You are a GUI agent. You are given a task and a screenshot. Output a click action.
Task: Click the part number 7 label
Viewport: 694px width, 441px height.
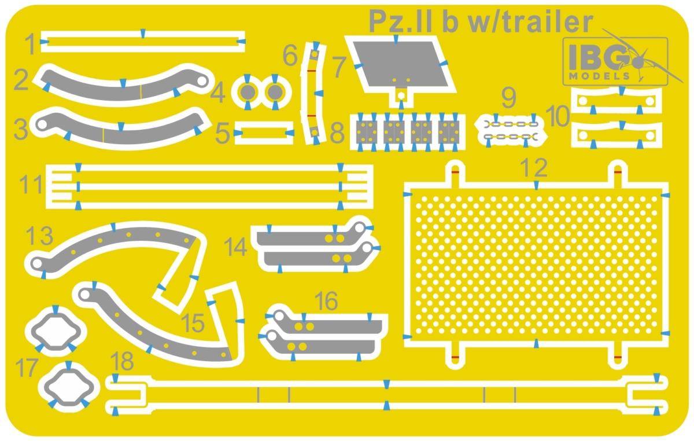pos(339,67)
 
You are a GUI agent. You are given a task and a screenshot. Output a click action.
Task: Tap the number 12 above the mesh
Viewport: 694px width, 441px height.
pos(535,168)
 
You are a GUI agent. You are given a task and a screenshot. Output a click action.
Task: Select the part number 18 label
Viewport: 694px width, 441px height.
pos(122,361)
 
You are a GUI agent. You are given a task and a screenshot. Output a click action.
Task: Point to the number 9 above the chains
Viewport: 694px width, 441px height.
pos(508,98)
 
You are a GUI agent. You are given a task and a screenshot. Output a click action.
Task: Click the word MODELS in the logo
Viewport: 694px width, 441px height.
pos(600,76)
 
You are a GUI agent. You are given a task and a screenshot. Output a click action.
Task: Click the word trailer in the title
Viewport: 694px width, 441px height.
pos(532,22)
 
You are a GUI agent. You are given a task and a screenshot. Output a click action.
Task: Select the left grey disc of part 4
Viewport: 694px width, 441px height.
pos(248,93)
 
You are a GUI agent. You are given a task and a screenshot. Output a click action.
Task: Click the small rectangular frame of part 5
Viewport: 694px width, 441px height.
pos(264,133)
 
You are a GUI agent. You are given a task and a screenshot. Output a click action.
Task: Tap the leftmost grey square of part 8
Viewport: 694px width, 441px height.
pos(367,132)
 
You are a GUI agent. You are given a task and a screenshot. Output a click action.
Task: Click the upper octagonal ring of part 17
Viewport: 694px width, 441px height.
pos(56,330)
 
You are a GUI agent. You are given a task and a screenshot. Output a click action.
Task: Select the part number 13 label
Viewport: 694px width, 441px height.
pos(39,236)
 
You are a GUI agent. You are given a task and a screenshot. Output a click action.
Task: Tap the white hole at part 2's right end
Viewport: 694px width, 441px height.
pos(202,81)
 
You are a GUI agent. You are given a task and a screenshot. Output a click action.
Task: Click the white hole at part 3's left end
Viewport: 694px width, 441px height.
pos(42,124)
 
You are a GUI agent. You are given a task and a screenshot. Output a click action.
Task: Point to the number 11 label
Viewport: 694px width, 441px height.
pos(31,185)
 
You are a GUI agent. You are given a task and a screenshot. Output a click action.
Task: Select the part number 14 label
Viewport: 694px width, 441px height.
pos(236,247)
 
